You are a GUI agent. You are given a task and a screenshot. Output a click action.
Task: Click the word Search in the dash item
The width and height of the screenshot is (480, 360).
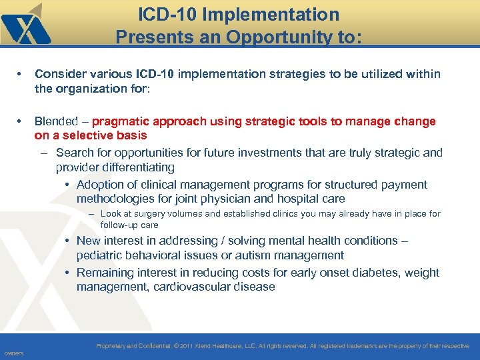[x=75, y=153]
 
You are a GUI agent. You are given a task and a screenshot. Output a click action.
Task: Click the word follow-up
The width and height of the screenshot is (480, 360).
[x=119, y=225]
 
